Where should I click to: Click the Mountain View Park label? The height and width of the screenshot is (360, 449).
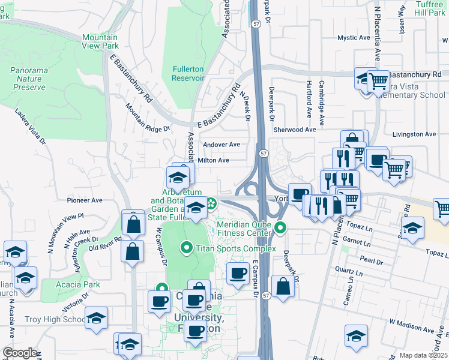coord(100,41)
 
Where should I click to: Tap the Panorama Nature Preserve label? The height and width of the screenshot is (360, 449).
coord(28,79)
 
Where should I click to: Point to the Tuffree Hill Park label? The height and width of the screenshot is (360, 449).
coord(430,8)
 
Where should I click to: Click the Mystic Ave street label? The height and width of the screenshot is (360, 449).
coord(354,38)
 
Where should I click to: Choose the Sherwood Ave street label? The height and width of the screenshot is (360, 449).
coord(294,130)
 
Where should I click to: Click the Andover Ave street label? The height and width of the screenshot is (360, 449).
coord(221,145)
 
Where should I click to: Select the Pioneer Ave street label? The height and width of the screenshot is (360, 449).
coord(85,200)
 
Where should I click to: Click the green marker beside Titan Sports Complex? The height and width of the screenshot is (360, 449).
coord(186,247)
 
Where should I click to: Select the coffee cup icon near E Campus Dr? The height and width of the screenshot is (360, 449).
coord(238,272)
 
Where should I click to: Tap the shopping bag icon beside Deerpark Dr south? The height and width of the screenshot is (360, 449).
coord(283,286)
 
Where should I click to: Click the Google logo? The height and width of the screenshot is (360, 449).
coord(19,353)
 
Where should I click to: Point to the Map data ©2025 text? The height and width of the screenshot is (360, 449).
coord(423,355)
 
